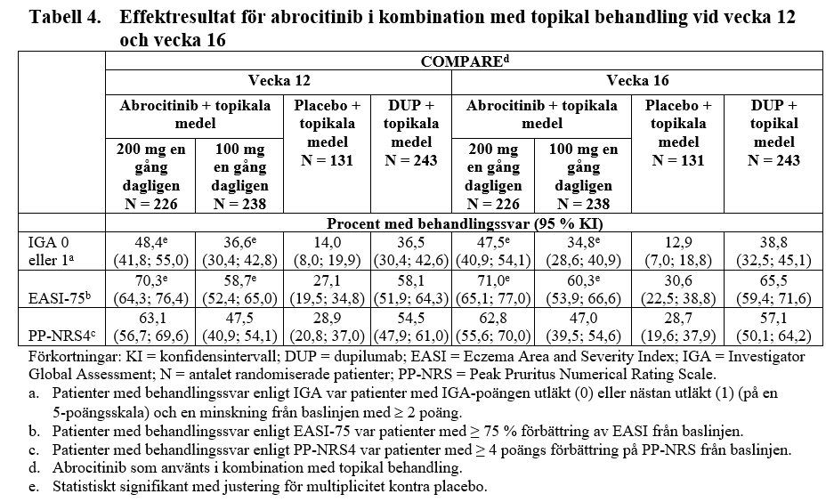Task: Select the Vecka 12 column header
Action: [x=279, y=81]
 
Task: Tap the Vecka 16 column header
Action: [x=637, y=81]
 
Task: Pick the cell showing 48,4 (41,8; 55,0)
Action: [x=149, y=250]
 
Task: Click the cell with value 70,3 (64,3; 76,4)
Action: [x=149, y=289]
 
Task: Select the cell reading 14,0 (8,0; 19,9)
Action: [x=326, y=250]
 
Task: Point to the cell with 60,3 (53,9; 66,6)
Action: [x=583, y=289]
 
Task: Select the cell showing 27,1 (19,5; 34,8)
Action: [x=326, y=289]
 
